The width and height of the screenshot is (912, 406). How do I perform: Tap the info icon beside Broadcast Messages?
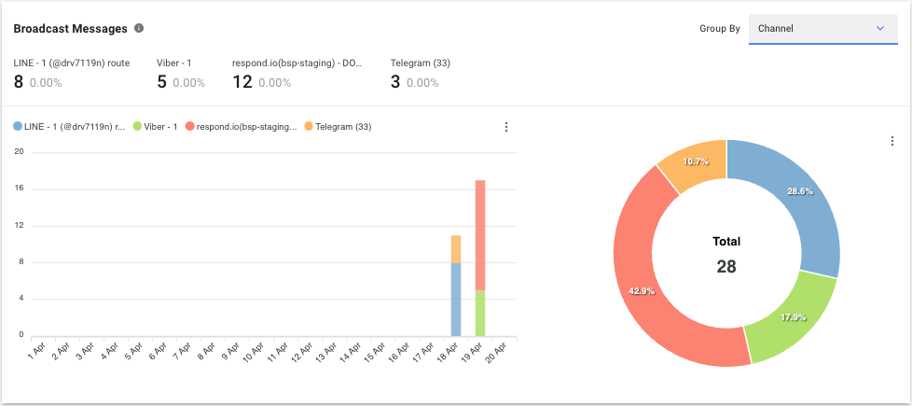point(139,28)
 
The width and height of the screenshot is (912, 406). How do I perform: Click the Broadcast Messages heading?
point(70,29)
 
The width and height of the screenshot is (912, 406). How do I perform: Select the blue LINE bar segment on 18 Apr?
point(456,299)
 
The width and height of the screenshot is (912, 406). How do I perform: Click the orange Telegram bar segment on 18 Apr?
point(456,249)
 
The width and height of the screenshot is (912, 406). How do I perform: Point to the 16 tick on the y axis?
point(19,189)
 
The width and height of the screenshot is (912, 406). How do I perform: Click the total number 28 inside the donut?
point(726,266)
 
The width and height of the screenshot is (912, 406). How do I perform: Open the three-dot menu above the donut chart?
point(891,141)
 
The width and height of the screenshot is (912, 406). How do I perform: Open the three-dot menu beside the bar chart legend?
point(506,127)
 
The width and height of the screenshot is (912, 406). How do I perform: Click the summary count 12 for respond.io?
point(242,82)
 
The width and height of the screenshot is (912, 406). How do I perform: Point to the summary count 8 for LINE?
point(19,82)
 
